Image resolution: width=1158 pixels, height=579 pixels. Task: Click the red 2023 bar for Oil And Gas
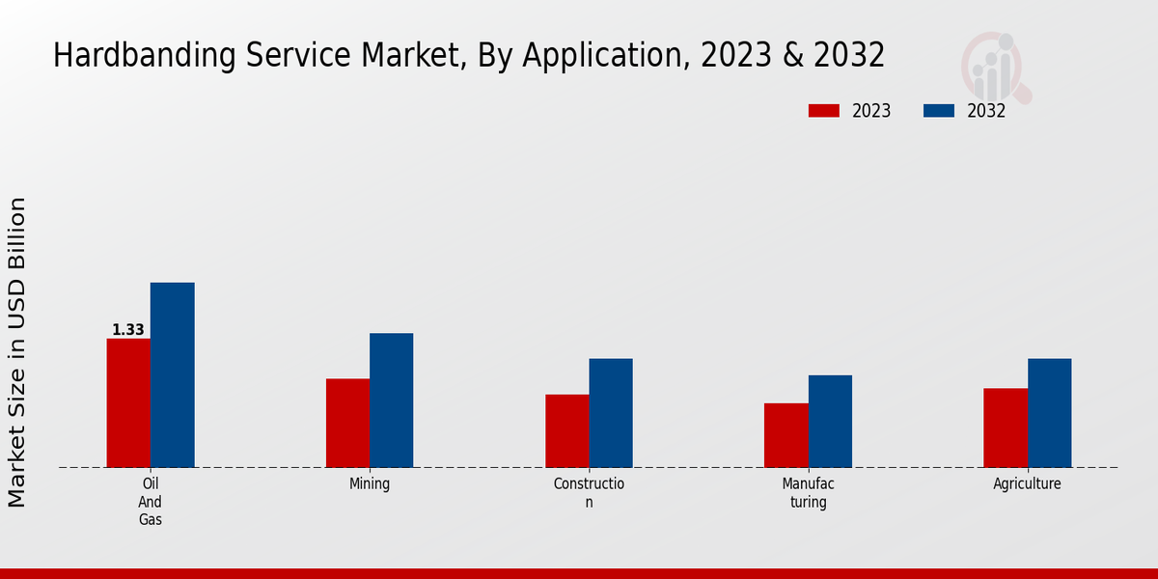click(128, 403)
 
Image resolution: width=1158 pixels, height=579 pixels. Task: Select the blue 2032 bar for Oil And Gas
click(172, 375)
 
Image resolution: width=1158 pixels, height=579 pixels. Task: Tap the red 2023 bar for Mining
click(347, 423)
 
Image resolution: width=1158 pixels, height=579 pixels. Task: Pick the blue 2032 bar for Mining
click(391, 400)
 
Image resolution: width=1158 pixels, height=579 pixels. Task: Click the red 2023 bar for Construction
click(566, 430)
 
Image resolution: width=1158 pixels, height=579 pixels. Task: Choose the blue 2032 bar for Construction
click(611, 413)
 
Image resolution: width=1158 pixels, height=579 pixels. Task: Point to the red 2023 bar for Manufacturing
click(786, 435)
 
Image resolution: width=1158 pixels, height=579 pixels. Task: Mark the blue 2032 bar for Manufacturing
click(830, 421)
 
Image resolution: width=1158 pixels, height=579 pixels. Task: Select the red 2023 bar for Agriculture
click(1006, 427)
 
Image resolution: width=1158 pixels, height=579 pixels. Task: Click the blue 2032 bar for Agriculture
click(1049, 413)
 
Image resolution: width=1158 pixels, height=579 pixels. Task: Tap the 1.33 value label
click(128, 330)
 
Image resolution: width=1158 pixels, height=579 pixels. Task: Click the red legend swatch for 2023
click(824, 111)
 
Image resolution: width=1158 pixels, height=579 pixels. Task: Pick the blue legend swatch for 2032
click(939, 111)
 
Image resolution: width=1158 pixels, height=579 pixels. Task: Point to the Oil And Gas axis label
click(150, 502)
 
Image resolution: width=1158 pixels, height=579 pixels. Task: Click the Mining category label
click(370, 484)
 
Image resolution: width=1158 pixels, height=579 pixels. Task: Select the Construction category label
click(589, 492)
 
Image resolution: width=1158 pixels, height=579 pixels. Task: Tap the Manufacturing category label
click(808, 492)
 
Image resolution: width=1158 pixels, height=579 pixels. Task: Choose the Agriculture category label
click(1027, 484)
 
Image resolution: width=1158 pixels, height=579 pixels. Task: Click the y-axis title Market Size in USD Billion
click(17, 352)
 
